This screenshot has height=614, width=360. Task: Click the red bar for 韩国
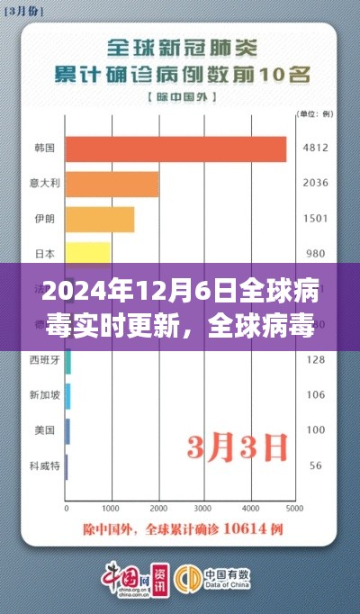tap(175, 149)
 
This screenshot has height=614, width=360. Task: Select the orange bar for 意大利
tap(112, 185)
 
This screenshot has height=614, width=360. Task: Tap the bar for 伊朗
tap(100, 219)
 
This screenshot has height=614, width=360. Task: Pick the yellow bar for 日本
tap(87, 253)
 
